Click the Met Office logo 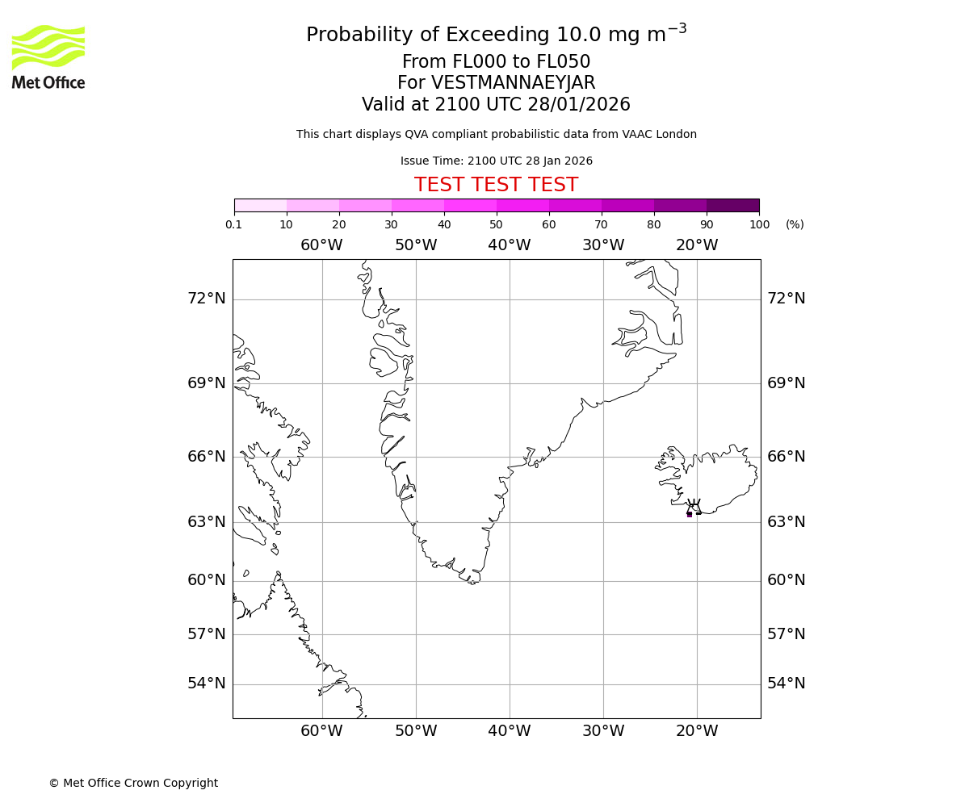(x=48, y=56)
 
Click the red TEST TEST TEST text (x=496, y=186)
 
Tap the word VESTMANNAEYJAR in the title (x=513, y=83)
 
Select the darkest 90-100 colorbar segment (x=732, y=205)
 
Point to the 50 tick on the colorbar (x=497, y=224)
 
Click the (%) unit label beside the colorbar (x=795, y=224)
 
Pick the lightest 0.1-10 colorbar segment (x=260, y=205)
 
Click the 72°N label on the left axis (x=207, y=299)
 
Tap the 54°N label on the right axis (x=786, y=684)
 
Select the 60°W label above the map (x=321, y=245)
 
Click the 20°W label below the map (x=696, y=731)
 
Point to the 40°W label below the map (x=509, y=731)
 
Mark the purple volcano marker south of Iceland (x=689, y=514)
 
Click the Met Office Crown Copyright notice (x=133, y=783)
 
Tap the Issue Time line (x=496, y=161)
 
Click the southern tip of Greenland (x=473, y=581)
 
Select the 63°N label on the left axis (x=207, y=522)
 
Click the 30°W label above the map (x=602, y=245)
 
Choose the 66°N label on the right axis (x=786, y=457)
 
